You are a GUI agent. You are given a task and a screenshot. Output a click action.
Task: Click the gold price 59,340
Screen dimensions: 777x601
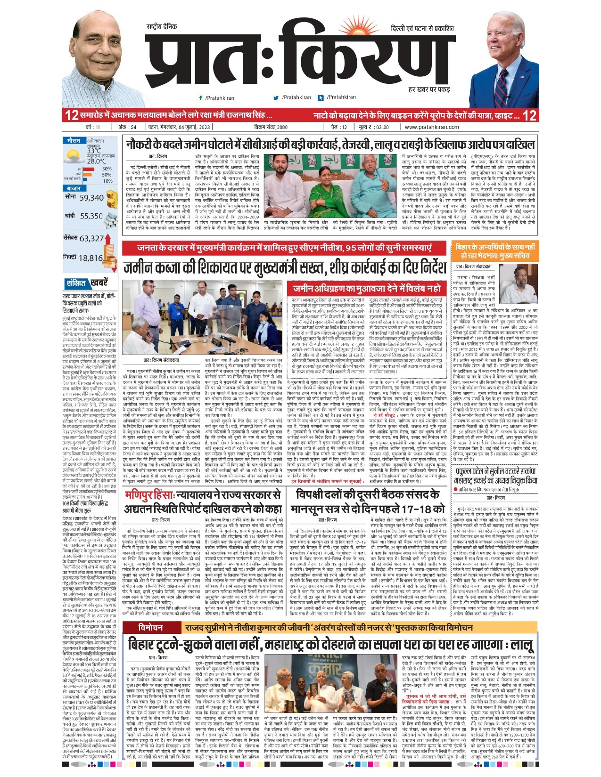[91, 198]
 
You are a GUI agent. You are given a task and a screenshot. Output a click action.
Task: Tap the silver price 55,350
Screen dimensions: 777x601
[91, 216]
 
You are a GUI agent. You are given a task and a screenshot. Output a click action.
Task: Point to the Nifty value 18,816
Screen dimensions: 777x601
[91, 258]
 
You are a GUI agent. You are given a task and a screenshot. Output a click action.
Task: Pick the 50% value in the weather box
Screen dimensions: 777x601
[107, 175]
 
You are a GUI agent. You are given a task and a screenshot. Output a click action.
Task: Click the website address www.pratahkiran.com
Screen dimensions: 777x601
[432, 127]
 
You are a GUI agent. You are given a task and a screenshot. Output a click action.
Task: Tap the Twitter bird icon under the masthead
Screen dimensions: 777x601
[276, 98]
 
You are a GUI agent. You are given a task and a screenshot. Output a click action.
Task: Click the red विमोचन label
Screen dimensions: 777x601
[151, 628]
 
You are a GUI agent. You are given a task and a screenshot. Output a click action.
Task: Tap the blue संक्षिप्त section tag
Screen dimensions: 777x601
[76, 283]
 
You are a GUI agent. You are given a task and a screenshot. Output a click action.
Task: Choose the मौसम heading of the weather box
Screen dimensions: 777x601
[74, 140]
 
